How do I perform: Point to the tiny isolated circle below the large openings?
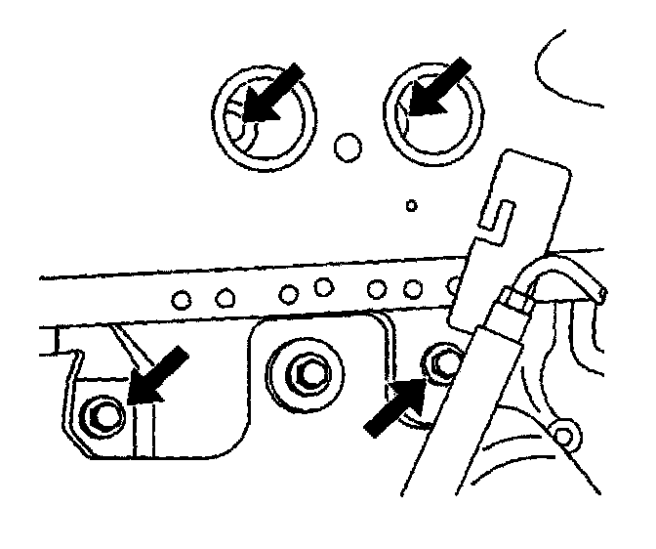coord(412,205)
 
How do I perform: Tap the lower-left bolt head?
coord(102,415)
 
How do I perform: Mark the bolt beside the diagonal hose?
coord(445,362)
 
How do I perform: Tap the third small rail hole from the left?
coord(290,291)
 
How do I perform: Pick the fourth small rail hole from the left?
coord(325,287)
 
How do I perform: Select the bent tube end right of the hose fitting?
coord(576,283)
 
